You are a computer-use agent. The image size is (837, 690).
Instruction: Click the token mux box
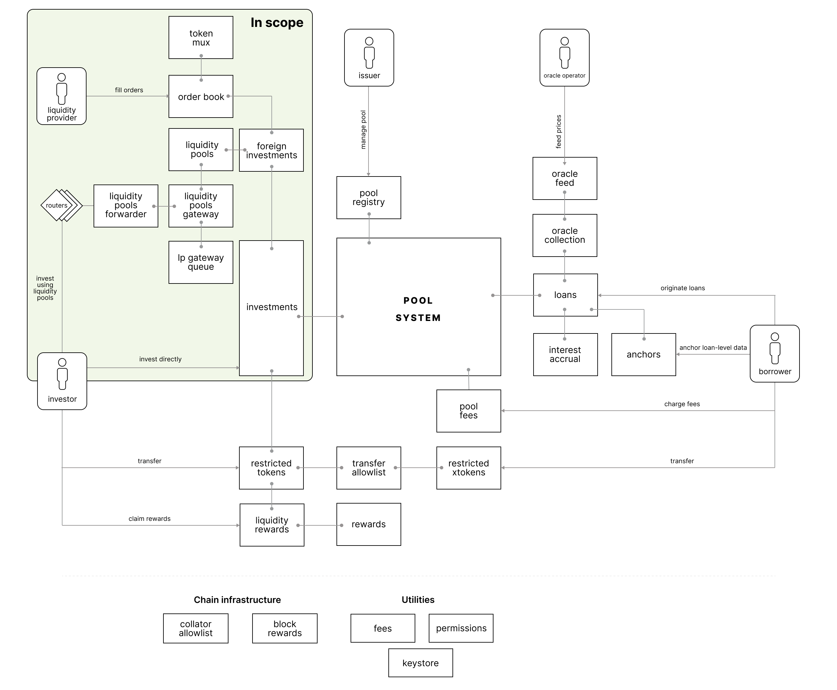[201, 38]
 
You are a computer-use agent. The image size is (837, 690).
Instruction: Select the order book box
[201, 97]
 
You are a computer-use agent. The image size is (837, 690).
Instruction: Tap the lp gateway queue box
[201, 262]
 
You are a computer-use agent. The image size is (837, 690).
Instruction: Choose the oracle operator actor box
[564, 58]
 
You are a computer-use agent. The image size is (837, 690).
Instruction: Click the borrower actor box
[775, 354]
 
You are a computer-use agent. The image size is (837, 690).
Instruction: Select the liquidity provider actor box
[62, 96]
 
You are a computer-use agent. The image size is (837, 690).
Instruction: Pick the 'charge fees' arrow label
[682, 404]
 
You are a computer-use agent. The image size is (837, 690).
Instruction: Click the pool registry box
[369, 198]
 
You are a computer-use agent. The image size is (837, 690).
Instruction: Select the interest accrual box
[565, 355]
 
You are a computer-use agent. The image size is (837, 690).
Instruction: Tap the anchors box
[643, 355]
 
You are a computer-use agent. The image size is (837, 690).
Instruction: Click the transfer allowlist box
[369, 468]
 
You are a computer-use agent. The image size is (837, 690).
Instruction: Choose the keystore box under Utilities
[420, 663]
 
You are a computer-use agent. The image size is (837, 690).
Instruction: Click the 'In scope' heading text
[277, 23]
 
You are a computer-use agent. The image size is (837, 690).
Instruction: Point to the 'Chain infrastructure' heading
[237, 600]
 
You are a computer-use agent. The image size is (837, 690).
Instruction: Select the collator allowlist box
[196, 628]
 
